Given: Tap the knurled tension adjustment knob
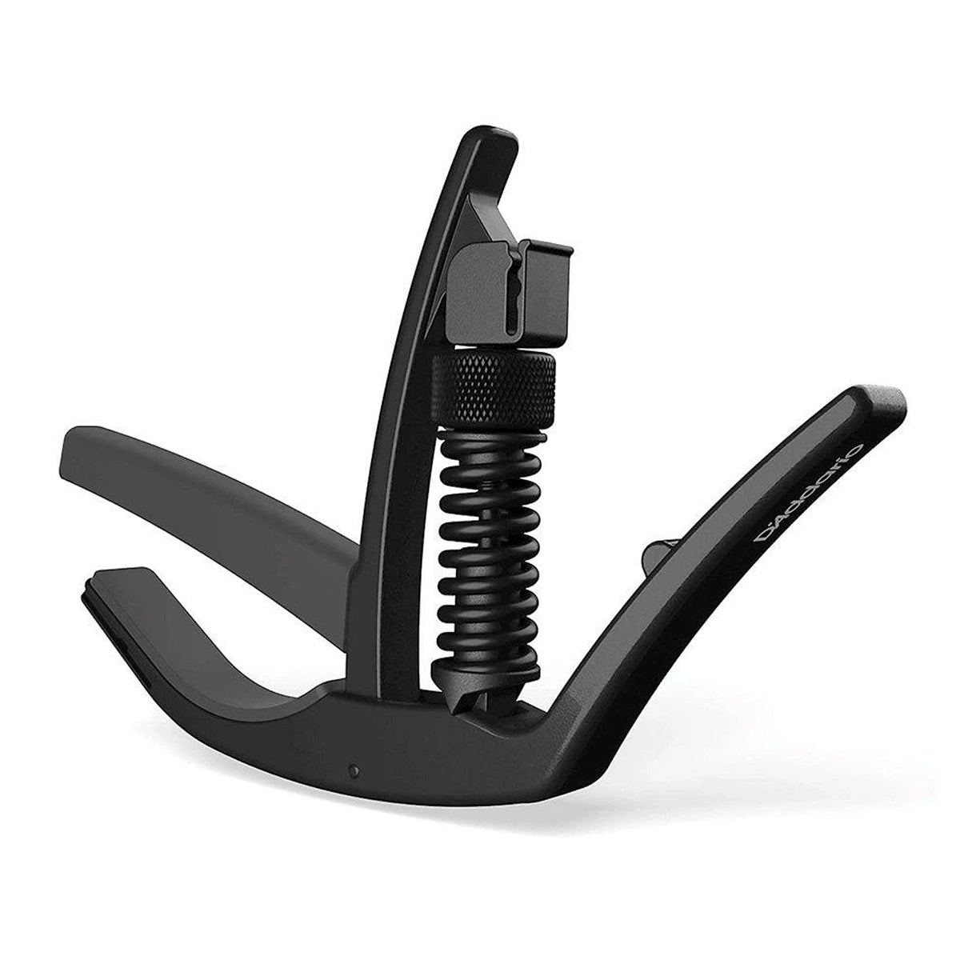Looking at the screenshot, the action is (x=494, y=388).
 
